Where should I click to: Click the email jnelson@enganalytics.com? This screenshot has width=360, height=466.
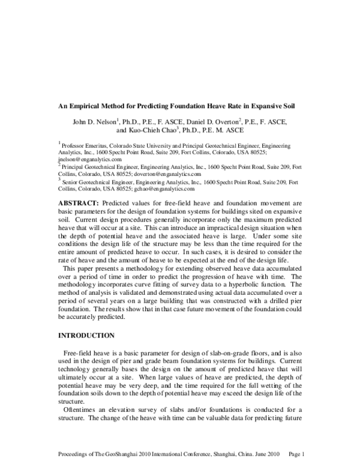(x=89, y=160)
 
